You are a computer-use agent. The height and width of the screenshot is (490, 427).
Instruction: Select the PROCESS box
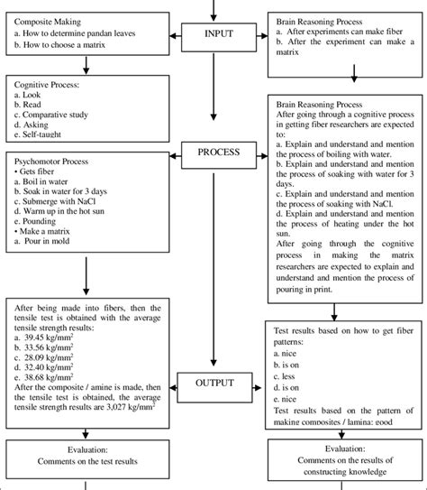(213, 151)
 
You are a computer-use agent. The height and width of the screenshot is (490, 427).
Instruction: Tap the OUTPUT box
(213, 384)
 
